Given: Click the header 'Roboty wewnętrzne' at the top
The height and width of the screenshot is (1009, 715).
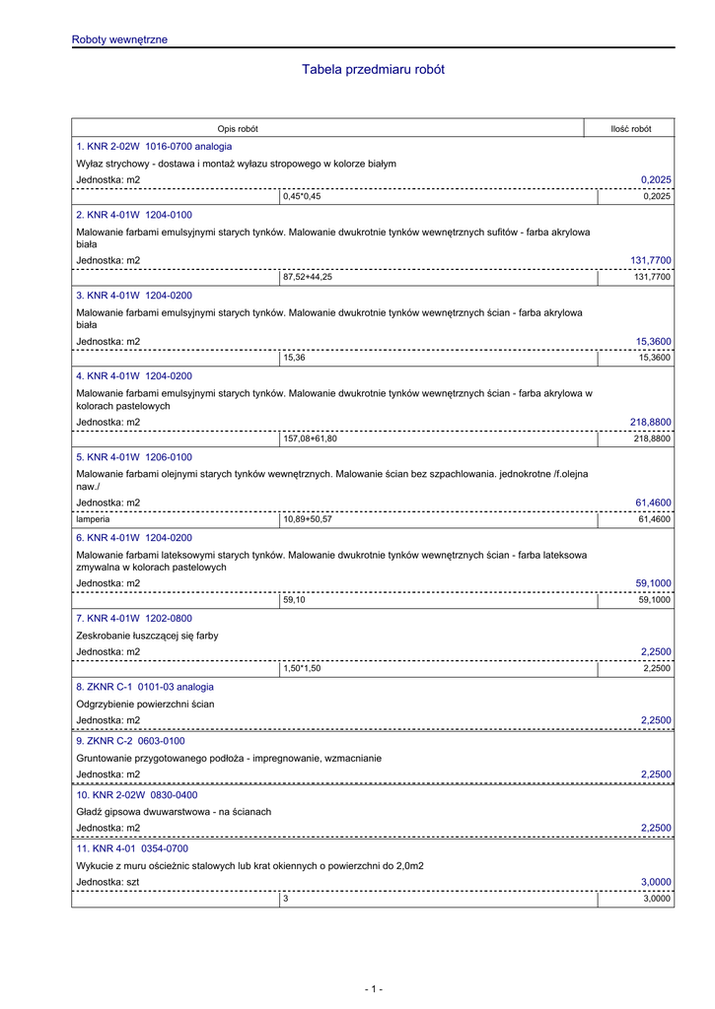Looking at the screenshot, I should pos(119,39).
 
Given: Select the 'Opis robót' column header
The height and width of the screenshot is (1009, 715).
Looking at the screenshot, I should pos(238,129).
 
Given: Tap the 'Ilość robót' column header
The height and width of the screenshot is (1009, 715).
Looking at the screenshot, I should pos(631,129).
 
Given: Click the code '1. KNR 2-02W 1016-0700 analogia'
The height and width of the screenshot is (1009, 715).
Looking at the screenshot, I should pos(154,146).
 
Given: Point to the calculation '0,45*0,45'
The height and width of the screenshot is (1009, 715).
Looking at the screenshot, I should pos(302,197).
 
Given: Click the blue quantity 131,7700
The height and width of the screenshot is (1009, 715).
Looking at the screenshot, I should pos(651,260).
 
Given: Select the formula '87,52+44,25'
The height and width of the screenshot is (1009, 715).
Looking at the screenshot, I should pos(308,278).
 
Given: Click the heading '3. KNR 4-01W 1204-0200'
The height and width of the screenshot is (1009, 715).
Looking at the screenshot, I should pos(134,295).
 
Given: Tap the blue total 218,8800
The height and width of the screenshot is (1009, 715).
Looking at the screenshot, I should pos(651,422).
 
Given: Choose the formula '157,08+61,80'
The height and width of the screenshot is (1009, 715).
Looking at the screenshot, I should pos(310,439).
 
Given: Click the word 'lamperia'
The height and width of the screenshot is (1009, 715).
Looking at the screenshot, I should pos(93,519).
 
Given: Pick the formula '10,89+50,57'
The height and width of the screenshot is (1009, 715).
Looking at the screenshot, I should pos(308,519).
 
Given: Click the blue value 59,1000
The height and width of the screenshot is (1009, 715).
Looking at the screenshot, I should pos(653,583).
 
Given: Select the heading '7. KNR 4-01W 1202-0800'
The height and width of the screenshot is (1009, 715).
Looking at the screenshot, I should pos(134,619).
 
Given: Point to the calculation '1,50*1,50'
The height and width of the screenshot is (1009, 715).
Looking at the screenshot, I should pos(302,669).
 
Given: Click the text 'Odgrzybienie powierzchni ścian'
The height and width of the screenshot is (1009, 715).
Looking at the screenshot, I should pos(145,704).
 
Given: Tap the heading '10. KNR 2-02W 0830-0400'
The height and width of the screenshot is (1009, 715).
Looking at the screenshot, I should pos(136,794).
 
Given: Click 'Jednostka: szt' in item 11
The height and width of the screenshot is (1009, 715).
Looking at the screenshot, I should pos(107,881).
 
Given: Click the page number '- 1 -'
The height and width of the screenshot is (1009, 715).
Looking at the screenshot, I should pos(373,988).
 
